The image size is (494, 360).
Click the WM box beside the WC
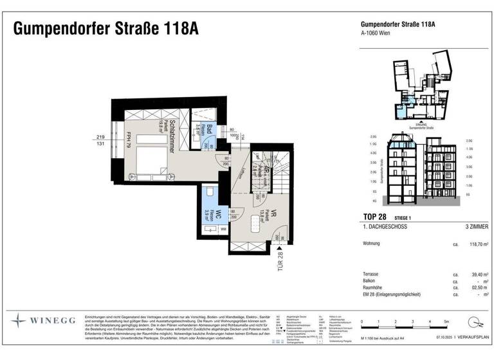click(223, 229)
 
